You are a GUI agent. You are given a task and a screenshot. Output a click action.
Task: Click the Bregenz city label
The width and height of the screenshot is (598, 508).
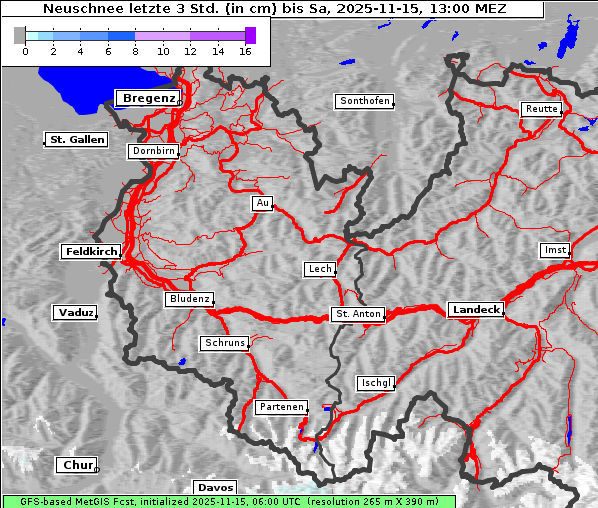(148, 98)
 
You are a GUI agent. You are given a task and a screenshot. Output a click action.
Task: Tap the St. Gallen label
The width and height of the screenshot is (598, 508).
(76, 140)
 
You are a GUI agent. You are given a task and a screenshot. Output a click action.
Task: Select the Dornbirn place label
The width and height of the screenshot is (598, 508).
(154, 152)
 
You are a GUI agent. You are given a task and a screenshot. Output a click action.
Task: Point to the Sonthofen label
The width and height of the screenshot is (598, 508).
(365, 101)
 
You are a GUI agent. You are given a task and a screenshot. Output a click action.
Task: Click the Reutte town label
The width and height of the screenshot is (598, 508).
(540, 109)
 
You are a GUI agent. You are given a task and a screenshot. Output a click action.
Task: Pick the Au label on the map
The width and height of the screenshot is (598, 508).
(262, 203)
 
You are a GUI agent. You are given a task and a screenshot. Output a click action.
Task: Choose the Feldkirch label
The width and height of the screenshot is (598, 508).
(91, 252)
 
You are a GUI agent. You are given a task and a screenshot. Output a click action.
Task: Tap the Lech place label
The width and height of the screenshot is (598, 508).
(319, 269)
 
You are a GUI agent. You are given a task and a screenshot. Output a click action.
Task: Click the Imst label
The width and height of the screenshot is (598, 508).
(553, 249)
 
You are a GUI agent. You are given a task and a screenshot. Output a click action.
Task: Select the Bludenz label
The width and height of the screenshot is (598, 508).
(189, 299)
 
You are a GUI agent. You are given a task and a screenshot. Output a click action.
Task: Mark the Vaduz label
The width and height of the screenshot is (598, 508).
(75, 313)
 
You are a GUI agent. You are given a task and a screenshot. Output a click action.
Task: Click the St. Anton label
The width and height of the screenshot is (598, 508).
(357, 314)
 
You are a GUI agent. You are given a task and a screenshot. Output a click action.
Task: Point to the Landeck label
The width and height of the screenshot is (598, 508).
(476, 310)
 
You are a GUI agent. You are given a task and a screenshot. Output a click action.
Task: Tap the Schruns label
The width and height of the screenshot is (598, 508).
(224, 343)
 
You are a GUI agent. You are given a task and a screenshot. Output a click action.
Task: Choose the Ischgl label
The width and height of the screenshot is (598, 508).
(376, 383)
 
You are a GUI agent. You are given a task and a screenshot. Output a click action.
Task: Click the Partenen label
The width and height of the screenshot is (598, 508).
(281, 407)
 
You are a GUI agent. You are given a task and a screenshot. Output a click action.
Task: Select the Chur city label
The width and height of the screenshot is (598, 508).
(76, 465)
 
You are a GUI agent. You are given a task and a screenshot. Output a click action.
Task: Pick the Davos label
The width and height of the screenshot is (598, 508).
(215, 487)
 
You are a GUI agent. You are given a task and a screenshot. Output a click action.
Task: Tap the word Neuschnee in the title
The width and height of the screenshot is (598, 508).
(75, 9)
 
